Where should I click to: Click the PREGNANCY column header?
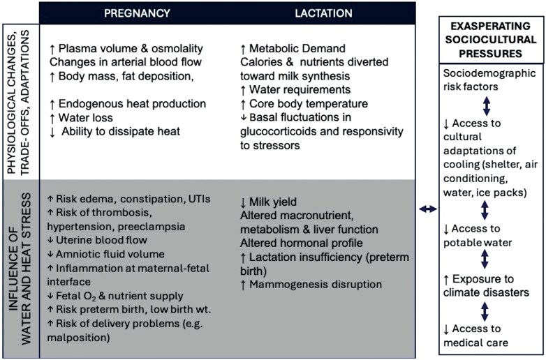tap(137, 13)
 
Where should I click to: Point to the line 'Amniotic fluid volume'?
tap(119, 255)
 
